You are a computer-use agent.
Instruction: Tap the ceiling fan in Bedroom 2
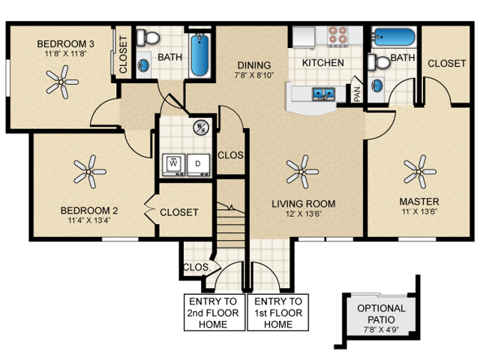click(91, 172)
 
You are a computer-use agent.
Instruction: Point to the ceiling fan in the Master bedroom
click(419, 172)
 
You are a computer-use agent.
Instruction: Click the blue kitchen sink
click(323, 94)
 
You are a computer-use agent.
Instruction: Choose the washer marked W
click(174, 163)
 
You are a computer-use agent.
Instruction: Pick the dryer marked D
click(198, 163)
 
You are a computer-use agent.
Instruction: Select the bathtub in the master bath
click(394, 37)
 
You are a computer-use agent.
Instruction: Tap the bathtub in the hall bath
click(199, 55)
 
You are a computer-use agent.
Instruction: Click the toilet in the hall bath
click(149, 38)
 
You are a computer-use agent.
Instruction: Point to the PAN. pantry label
click(358, 94)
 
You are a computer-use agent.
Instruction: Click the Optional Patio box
click(381, 314)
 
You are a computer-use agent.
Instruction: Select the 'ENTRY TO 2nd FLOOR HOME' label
click(214, 312)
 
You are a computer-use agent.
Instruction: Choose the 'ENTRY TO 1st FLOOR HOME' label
click(278, 312)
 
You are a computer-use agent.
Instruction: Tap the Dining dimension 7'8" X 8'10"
click(254, 76)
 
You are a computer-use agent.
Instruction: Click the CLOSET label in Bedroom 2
click(179, 212)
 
